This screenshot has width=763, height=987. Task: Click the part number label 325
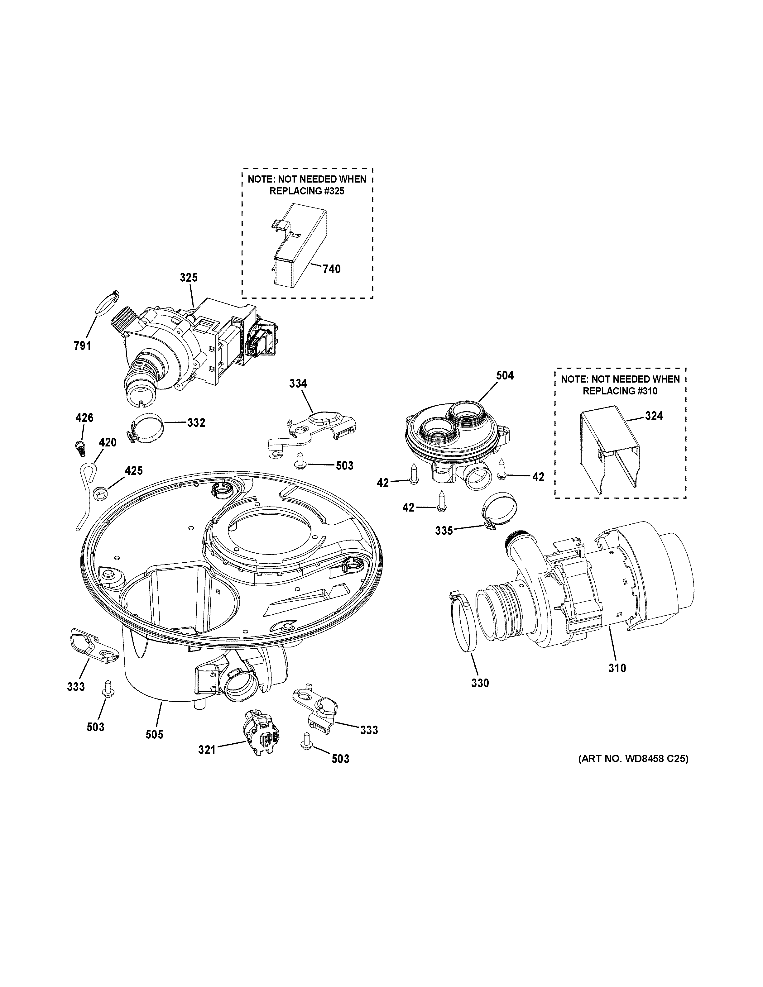(189, 278)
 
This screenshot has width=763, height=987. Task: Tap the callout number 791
(82, 346)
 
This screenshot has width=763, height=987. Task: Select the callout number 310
(617, 668)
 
